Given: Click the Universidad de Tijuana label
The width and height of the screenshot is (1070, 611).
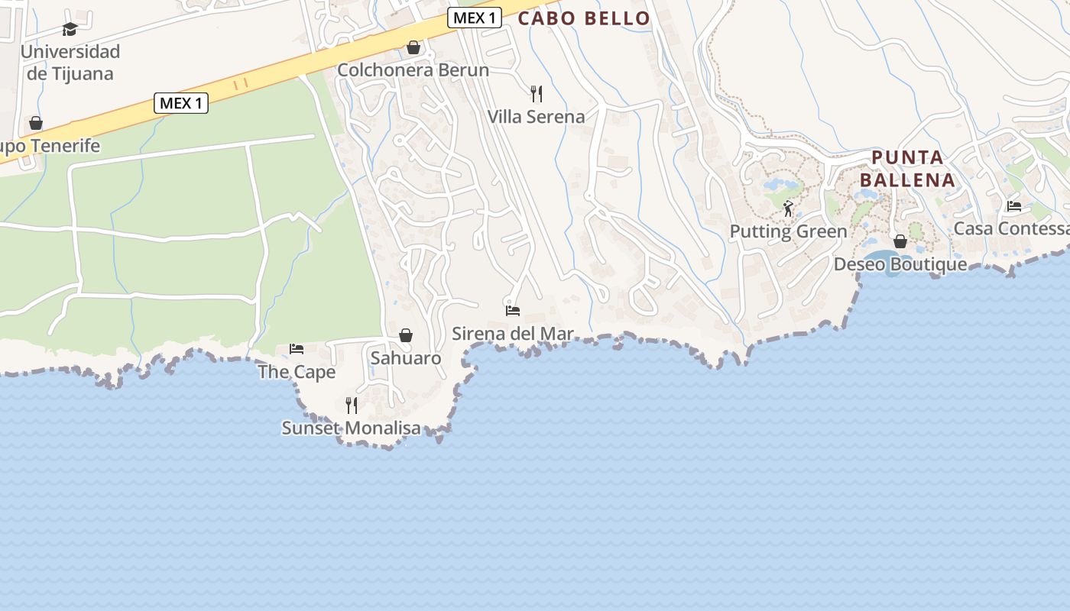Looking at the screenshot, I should pyautogui.click(x=70, y=63).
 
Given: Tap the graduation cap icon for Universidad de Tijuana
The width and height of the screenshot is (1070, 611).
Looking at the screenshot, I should pyautogui.click(x=70, y=30).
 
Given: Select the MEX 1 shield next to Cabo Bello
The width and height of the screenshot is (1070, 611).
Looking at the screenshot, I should pyautogui.click(x=474, y=18).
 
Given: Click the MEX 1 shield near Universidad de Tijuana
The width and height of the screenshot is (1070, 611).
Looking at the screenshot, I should pyautogui.click(x=181, y=103).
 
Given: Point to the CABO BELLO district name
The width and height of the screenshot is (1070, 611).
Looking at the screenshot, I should pyautogui.click(x=584, y=18).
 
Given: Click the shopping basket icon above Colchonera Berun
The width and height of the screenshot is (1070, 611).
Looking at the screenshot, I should pyautogui.click(x=413, y=47).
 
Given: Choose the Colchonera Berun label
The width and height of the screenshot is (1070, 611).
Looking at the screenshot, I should pyautogui.click(x=413, y=70).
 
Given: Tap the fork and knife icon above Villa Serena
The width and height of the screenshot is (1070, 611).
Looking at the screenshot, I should pyautogui.click(x=537, y=94).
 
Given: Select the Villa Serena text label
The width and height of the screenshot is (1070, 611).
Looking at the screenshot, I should pyautogui.click(x=537, y=117).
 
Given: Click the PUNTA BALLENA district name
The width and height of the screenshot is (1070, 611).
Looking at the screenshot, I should pyautogui.click(x=908, y=169).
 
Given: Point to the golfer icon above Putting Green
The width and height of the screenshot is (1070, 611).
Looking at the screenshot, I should pyautogui.click(x=788, y=208).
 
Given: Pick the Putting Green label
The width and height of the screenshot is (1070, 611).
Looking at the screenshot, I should pyautogui.click(x=788, y=231).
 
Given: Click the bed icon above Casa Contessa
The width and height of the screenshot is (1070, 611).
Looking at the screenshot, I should pyautogui.click(x=1014, y=205).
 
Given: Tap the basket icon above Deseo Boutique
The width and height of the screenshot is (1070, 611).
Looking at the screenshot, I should pyautogui.click(x=900, y=241).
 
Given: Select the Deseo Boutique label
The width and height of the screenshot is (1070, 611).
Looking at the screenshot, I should pyautogui.click(x=900, y=264).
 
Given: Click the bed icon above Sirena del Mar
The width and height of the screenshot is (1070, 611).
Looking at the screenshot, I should pyautogui.click(x=513, y=311).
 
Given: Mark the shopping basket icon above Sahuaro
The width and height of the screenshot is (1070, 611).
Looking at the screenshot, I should pyautogui.click(x=406, y=335).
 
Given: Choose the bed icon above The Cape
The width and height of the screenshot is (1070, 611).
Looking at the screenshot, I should pyautogui.click(x=297, y=349).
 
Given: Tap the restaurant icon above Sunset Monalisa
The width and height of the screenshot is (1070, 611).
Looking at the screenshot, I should pyautogui.click(x=352, y=405).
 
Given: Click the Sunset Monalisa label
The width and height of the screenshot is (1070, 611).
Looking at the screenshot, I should pyautogui.click(x=352, y=428).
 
